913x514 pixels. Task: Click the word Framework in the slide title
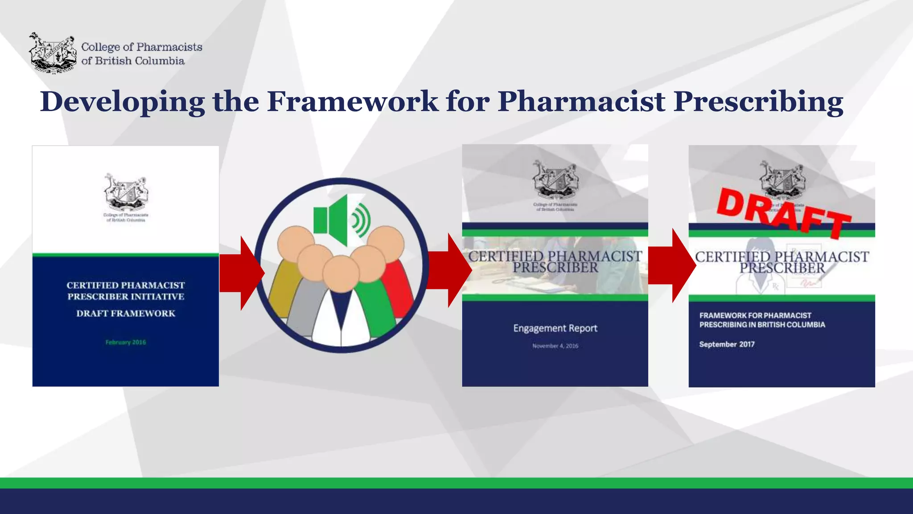(352, 101)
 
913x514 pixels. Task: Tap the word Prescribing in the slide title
(758, 102)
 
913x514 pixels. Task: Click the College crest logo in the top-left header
(53, 53)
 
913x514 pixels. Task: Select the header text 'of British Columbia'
(133, 61)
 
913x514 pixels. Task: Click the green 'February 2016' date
(126, 342)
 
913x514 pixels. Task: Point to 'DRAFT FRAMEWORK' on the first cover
(126, 313)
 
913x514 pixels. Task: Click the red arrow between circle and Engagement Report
(448, 270)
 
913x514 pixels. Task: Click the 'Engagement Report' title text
(555, 328)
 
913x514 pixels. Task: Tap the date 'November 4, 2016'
(555, 346)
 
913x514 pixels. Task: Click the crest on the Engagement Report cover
(555, 181)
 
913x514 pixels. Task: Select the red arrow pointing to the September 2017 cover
(671, 265)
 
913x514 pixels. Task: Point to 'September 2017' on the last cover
(727, 344)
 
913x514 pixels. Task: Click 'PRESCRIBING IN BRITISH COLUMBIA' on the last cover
(762, 325)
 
